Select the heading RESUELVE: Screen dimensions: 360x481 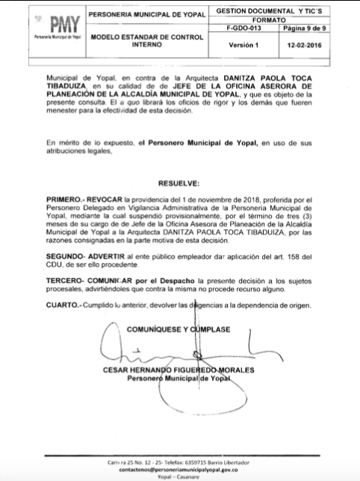click(x=179, y=183)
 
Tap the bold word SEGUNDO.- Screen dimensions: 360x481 click(x=67, y=256)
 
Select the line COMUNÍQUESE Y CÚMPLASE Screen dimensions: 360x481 click(x=179, y=329)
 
